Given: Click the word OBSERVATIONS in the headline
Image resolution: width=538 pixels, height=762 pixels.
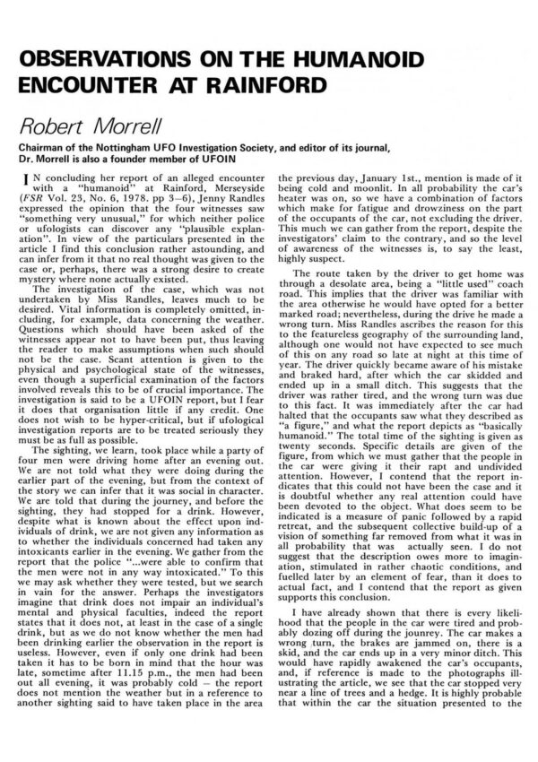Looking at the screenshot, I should point(103,58).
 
